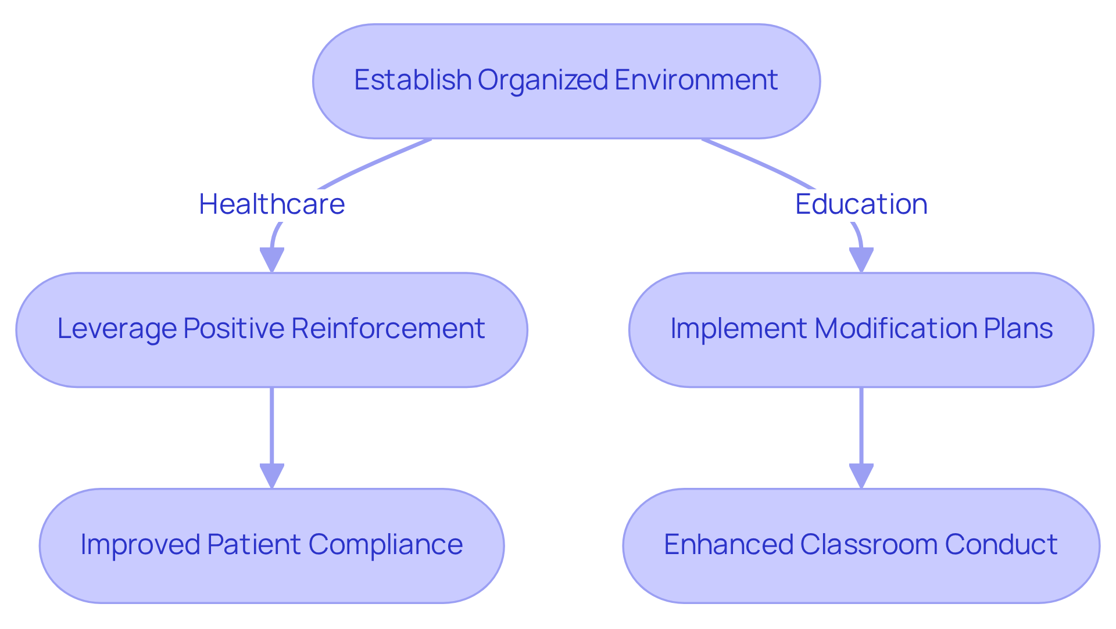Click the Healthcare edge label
[x=271, y=204]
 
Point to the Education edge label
[x=861, y=204]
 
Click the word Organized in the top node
[x=543, y=80]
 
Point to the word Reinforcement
[x=388, y=329]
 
